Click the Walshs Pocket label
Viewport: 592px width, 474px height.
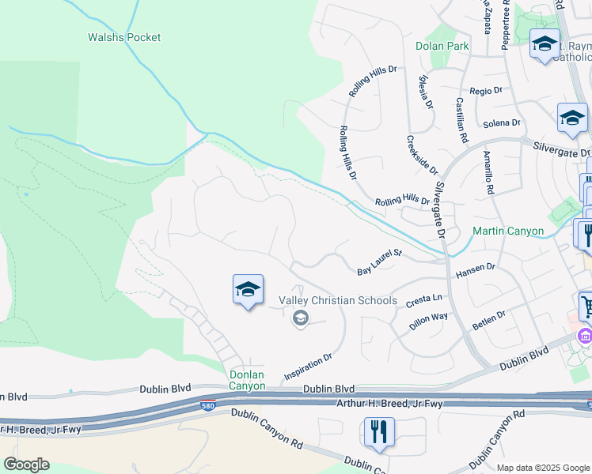point(123,37)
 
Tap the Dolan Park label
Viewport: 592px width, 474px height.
point(442,46)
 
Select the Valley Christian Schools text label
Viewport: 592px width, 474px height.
point(338,300)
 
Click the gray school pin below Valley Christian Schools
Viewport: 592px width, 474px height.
point(300,318)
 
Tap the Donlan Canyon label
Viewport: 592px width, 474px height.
point(248,380)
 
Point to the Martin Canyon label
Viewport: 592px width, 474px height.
point(508,231)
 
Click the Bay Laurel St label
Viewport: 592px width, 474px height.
point(380,263)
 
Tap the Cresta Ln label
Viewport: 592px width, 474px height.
point(423,301)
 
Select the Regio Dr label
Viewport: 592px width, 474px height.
point(486,91)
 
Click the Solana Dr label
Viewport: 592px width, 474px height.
point(502,123)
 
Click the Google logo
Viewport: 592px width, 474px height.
point(26,465)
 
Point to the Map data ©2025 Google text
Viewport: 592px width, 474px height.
point(543,468)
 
